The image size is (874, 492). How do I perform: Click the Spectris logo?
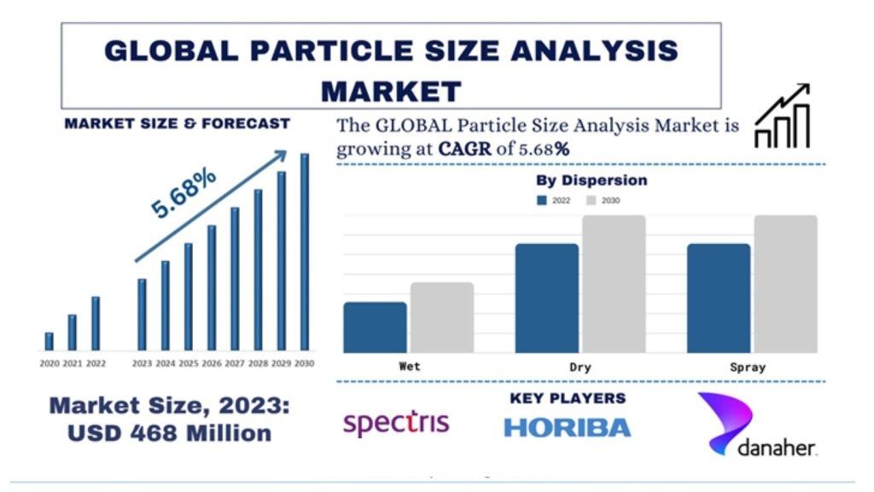pos(395,422)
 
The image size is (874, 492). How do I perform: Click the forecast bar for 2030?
pos(305,252)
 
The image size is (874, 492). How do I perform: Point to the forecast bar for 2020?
pos(49,341)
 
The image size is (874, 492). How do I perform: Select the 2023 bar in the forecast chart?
pos(142,314)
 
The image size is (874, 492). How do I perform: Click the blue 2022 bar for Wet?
pos(375,327)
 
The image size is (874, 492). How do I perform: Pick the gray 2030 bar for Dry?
pos(614,283)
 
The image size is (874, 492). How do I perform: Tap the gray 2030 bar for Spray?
pos(785,283)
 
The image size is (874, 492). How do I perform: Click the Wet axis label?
pos(409,367)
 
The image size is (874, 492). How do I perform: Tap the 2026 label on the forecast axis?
pos(212,363)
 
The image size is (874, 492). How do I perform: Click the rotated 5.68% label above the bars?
pos(184,194)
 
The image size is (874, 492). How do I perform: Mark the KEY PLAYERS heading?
pos(568,398)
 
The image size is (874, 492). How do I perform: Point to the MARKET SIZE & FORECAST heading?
pos(178,124)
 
